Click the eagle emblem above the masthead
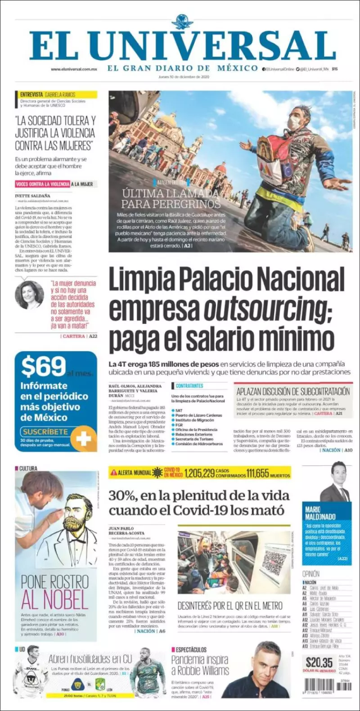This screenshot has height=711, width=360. [x=182, y=22]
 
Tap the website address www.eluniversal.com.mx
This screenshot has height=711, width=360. [x=74, y=69]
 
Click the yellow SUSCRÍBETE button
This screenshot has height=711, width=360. [x=45, y=432]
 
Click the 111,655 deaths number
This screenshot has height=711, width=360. [x=257, y=473]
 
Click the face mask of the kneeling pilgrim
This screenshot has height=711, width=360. [x=294, y=121]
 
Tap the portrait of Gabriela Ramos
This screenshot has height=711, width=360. [x=29, y=295]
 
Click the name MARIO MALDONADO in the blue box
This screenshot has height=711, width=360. [x=320, y=513]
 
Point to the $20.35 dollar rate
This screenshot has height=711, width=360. [x=319, y=662]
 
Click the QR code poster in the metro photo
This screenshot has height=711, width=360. [x=274, y=560]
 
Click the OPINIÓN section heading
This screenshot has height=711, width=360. [x=311, y=574]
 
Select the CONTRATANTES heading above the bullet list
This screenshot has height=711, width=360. [x=189, y=386]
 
